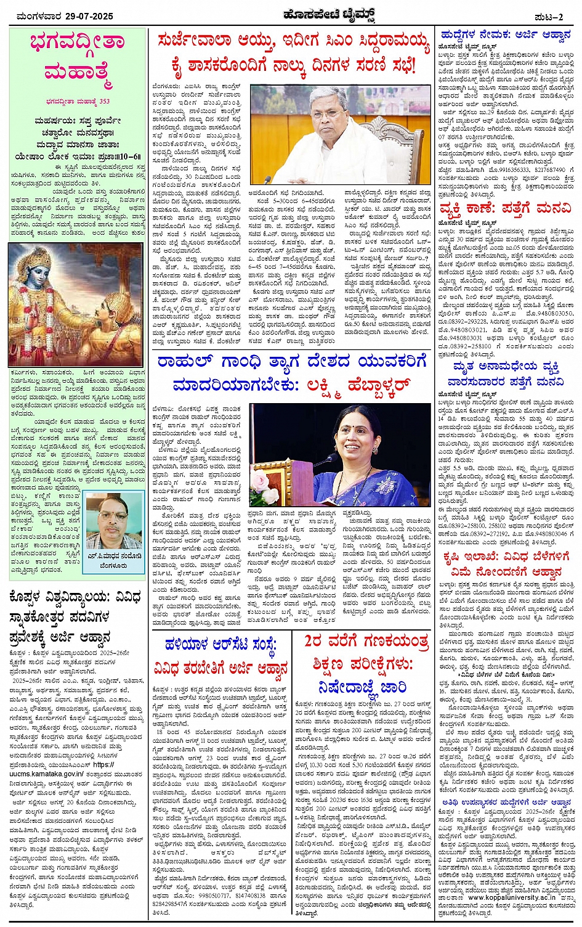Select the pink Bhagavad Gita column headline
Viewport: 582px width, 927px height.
coord(76,57)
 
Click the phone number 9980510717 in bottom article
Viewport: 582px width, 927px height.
coord(210,892)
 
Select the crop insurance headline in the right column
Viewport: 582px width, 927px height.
coord(503,565)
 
